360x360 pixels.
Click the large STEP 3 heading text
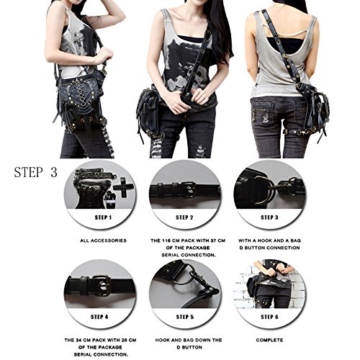[44, 173]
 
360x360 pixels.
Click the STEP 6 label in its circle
[268, 315]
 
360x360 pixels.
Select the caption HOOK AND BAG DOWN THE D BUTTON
[185, 342]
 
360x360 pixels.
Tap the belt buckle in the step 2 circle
[189, 189]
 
